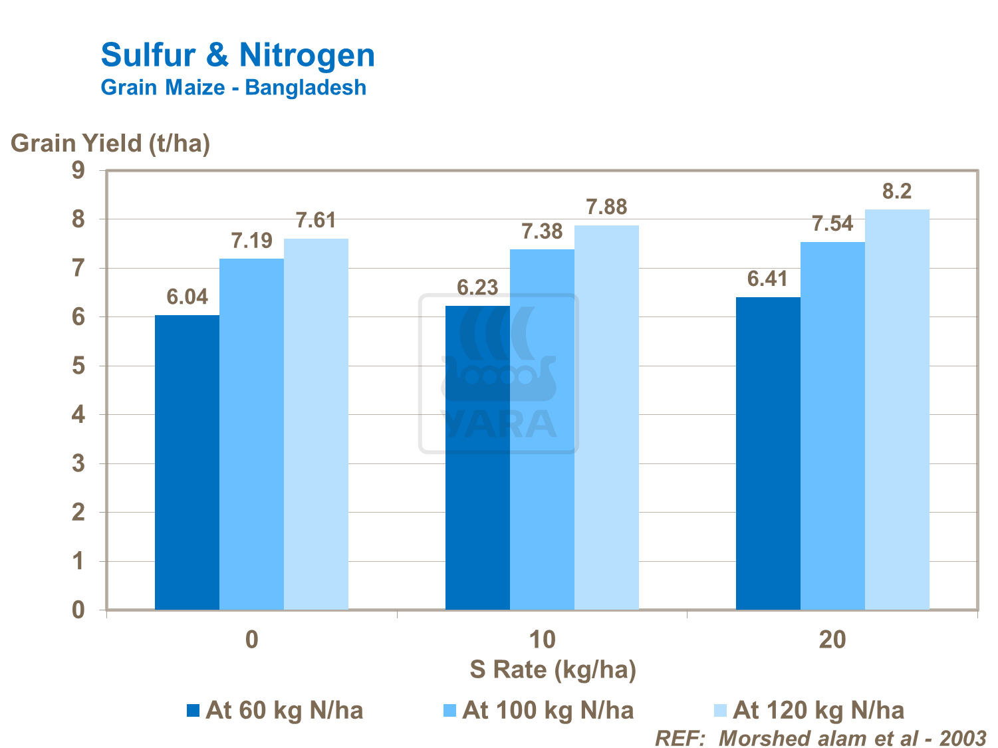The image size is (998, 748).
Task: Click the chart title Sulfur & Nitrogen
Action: [x=237, y=55]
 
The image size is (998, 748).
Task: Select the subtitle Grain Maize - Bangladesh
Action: [x=233, y=88]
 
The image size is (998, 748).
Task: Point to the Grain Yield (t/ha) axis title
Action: [x=110, y=143]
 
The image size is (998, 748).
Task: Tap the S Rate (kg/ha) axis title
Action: [x=553, y=670]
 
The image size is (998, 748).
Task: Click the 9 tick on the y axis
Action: [x=78, y=171]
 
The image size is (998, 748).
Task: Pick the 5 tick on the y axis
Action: [x=78, y=366]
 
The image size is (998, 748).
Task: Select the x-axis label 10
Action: [x=542, y=640]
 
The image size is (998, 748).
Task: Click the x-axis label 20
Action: [x=832, y=640]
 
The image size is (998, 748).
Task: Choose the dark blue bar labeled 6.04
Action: [x=187, y=462]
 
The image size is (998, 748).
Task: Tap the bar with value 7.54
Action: [x=832, y=426]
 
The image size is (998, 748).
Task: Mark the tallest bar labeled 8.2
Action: [x=897, y=409]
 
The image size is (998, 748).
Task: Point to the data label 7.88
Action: [x=606, y=207]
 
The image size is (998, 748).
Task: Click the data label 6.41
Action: [x=767, y=279]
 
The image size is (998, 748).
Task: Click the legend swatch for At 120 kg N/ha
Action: [x=721, y=711]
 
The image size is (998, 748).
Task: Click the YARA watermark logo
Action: [x=499, y=374]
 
